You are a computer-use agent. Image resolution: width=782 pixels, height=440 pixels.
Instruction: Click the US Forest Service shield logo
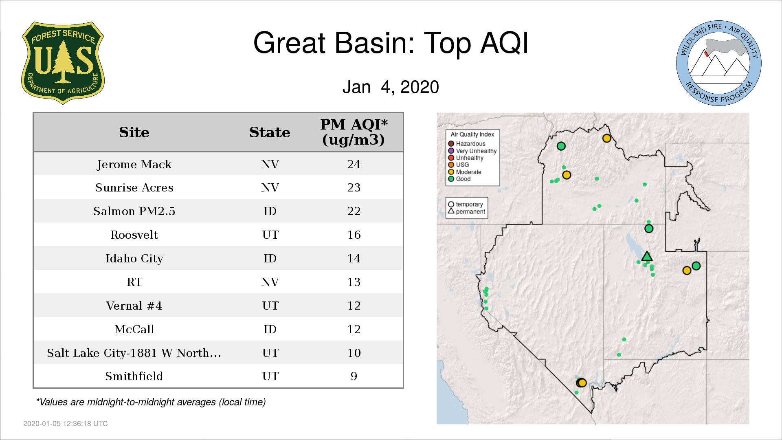point(63,63)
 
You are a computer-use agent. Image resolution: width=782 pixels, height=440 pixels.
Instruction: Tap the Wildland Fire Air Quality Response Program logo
point(719,63)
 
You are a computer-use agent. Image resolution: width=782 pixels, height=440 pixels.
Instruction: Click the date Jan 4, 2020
point(391,87)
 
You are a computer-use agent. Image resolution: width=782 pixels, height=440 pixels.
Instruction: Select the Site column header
point(134,132)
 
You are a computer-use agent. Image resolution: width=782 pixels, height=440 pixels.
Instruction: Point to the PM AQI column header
point(354,132)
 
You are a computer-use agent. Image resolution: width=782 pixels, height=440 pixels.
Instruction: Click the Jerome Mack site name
point(134,164)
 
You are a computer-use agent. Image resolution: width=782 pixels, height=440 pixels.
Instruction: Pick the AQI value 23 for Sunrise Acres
point(354,187)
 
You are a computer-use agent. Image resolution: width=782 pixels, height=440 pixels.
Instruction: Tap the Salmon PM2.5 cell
point(134,211)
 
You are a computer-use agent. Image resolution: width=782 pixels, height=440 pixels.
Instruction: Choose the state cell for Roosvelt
point(270,235)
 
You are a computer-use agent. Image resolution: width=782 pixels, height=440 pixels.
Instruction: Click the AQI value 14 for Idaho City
point(354,258)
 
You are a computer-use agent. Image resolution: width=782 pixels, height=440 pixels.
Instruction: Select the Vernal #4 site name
point(134,306)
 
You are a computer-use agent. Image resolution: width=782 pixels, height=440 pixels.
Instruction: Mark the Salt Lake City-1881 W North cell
point(134,353)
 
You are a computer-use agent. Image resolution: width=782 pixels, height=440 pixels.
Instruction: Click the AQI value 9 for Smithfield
point(354,376)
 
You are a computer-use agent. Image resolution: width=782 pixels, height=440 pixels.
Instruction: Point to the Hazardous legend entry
point(467,144)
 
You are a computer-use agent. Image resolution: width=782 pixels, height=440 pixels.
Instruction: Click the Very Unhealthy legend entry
point(472,151)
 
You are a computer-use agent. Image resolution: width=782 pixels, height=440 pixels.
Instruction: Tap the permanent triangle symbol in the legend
point(451,211)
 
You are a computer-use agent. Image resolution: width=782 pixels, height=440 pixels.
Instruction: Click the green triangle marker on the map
point(647,257)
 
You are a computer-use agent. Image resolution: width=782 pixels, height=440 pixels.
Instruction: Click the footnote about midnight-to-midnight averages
point(151,402)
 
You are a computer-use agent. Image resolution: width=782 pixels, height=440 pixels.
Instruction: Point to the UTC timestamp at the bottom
point(66,424)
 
